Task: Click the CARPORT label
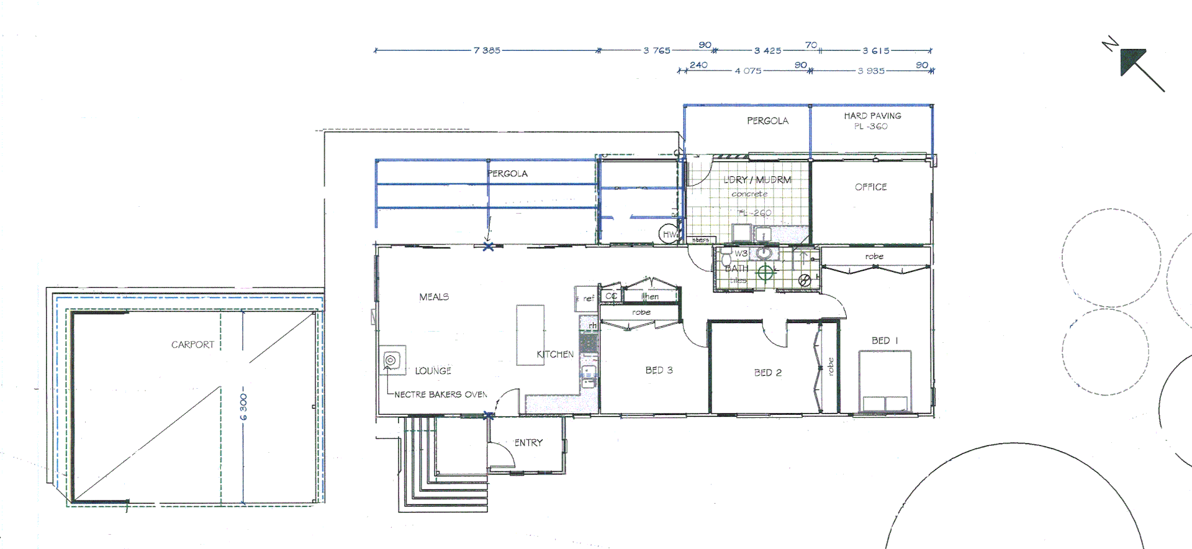(192, 345)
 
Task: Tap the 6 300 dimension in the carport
(243, 407)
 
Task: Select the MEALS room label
(434, 297)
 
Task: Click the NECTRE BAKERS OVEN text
(441, 394)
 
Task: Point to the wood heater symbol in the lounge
(391, 360)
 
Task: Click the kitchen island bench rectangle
(530, 335)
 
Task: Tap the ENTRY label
(528, 443)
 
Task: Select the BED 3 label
(659, 370)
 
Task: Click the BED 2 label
(768, 373)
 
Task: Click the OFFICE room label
(870, 187)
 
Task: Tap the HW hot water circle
(669, 234)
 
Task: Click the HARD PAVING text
(872, 116)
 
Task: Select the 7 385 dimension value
(487, 50)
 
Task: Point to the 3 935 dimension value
(871, 71)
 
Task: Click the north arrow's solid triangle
(1131, 61)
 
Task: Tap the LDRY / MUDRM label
(757, 180)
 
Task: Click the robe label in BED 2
(831, 366)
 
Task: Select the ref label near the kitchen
(588, 299)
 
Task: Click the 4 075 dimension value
(748, 71)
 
